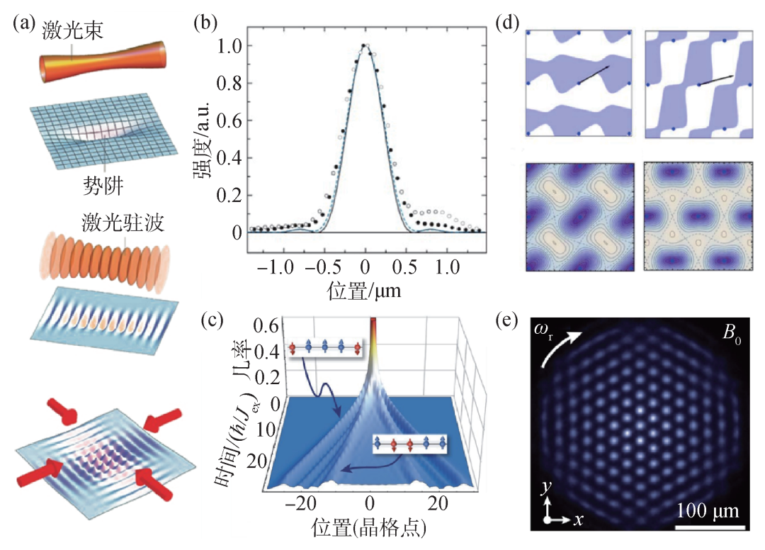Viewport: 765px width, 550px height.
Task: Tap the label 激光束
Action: click(x=68, y=30)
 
